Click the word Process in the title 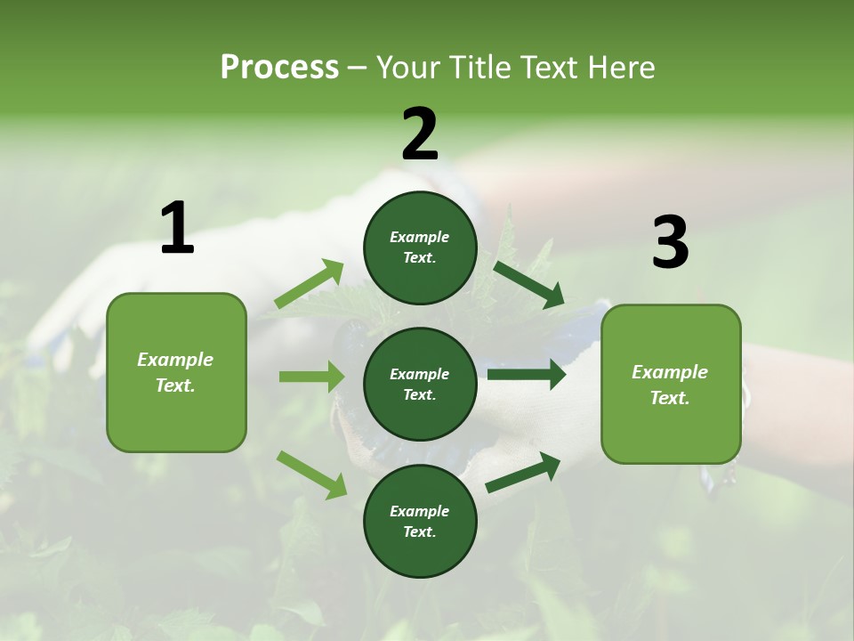279,68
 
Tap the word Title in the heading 481,68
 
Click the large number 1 177,229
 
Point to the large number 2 420,134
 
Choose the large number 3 670,243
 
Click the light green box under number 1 176,372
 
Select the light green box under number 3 671,384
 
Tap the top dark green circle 420,247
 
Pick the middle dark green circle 420,384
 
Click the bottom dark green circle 420,521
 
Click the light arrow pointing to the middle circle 311,377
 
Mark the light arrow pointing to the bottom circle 311,475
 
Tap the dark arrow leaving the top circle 528,285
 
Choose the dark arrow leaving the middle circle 527,375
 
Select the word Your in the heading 407,68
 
